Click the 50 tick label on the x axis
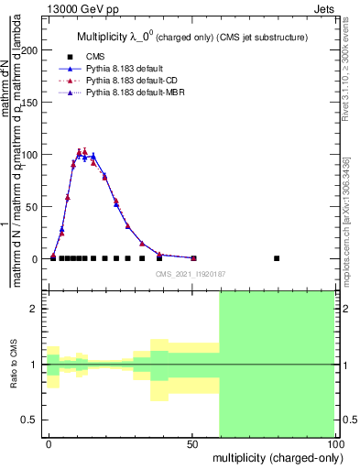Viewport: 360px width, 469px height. click(193, 443)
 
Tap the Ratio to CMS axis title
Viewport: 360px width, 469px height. click(14, 364)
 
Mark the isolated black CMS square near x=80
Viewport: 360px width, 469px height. click(277, 258)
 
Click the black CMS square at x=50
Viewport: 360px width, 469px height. click(193, 258)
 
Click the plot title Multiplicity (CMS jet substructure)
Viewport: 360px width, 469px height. click(191, 36)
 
